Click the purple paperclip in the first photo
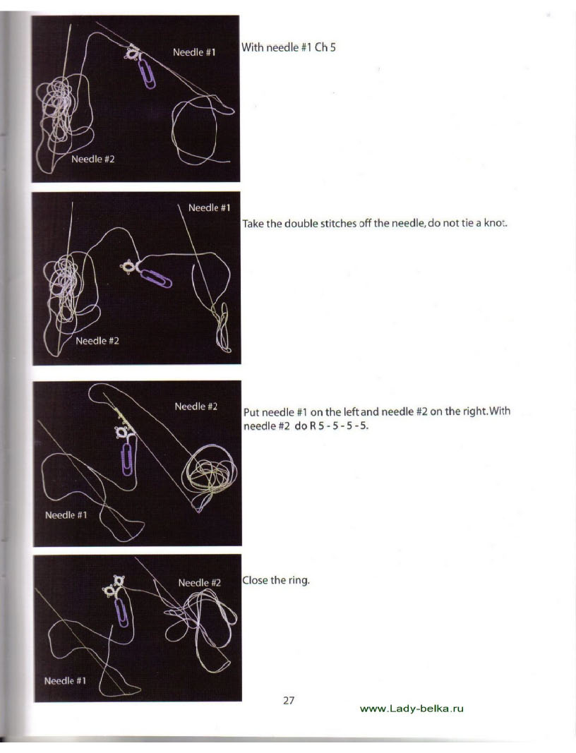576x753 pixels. point(148,74)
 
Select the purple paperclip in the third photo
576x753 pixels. point(127,459)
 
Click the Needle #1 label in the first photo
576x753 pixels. point(194,52)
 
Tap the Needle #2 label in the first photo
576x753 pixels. point(92,159)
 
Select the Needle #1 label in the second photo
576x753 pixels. point(210,208)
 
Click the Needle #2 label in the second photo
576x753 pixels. point(97,341)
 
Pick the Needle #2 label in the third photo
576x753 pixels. point(196,406)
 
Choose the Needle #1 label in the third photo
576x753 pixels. point(66,515)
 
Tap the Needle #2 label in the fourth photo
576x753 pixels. point(199,583)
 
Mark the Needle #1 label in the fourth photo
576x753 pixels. point(65,681)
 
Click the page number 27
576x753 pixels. point(289,701)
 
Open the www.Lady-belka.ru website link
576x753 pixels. point(412,709)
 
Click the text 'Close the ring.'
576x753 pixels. point(276,581)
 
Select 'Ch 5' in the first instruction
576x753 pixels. point(325,47)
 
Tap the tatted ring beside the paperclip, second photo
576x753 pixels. point(128,267)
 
